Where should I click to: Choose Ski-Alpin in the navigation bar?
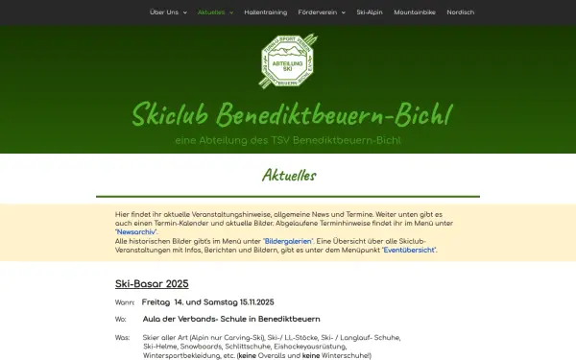click(x=370, y=12)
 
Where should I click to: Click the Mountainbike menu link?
click(x=416, y=12)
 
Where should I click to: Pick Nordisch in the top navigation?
click(x=460, y=12)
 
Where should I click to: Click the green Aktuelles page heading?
click(x=288, y=177)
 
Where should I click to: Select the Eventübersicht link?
click(x=409, y=250)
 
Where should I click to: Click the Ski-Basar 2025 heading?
click(x=152, y=284)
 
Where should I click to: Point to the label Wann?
click(x=125, y=302)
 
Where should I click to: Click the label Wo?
click(x=121, y=319)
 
